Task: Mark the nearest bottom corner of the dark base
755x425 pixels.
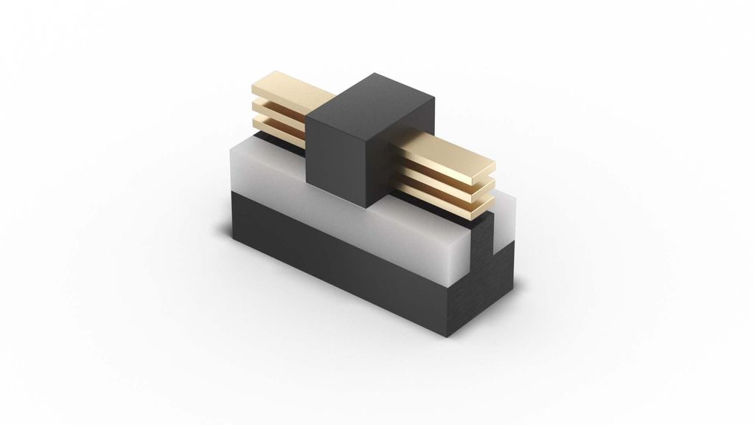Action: pos(452,336)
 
